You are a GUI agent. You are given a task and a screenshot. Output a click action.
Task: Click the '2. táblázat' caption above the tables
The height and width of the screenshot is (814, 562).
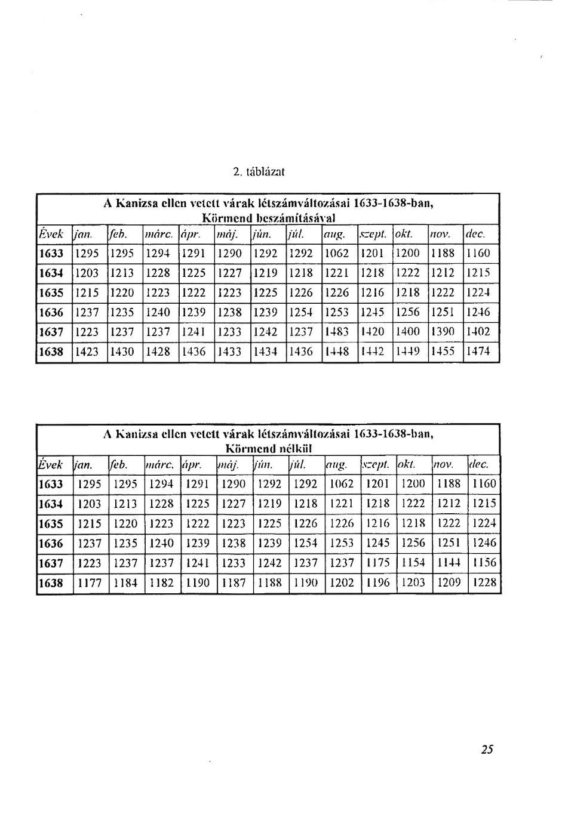point(258,172)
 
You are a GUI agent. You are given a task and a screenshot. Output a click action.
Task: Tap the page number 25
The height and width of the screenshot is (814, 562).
point(487,750)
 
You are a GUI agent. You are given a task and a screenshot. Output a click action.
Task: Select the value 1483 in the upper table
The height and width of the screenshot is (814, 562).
point(337,332)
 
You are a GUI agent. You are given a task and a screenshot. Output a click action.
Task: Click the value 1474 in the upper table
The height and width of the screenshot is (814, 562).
point(478,351)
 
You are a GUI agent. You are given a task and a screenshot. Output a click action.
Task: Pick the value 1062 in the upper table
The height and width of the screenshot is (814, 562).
point(337,253)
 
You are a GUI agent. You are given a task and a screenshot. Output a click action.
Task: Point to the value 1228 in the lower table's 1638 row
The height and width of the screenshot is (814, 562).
point(484,582)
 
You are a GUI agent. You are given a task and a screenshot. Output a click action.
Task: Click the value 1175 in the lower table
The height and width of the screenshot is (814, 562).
point(377,563)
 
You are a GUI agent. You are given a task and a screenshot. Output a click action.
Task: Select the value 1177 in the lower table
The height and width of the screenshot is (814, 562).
point(90,582)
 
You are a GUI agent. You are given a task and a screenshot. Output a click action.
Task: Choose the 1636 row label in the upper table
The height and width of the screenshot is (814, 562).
point(51,312)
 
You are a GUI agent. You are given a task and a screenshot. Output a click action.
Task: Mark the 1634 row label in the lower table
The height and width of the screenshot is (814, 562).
point(51,504)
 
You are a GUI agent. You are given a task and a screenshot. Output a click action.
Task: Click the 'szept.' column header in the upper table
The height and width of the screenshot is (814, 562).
point(373,235)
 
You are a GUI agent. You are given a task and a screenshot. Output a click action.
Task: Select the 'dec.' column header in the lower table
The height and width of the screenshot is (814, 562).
point(479,464)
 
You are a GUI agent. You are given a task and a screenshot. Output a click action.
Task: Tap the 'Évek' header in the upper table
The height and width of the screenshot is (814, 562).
point(51,235)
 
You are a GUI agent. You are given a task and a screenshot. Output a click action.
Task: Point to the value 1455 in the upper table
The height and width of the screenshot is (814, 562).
point(443,351)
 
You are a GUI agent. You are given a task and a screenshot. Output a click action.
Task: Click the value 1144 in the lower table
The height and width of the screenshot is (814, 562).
point(449,563)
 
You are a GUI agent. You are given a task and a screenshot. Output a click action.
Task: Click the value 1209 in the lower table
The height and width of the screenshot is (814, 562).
point(449,582)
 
